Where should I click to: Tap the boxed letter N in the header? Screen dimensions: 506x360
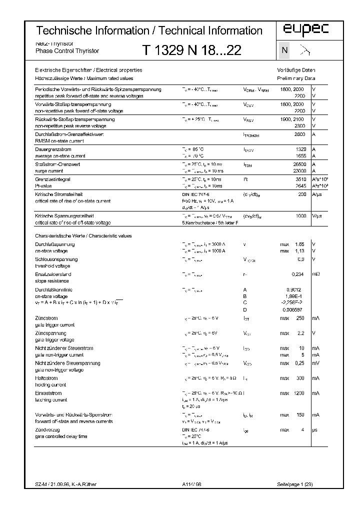pyautogui.click(x=284, y=50)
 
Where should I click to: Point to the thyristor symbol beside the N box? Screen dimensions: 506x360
pyautogui.click(x=304, y=50)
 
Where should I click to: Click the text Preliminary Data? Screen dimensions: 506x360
pyautogui.click(x=296, y=78)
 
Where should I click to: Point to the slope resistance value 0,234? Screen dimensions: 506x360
pyautogui.click(x=298, y=274)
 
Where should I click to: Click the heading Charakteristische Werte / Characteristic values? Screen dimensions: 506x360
pyautogui.click(x=83, y=235)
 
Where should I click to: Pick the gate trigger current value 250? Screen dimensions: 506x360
pyautogui.click(x=300, y=318)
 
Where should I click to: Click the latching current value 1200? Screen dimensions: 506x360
pyautogui.click(x=299, y=393)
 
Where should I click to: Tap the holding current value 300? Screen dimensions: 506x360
pyautogui.click(x=300, y=378)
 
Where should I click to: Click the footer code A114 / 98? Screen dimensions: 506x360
pyautogui.click(x=191, y=485)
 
